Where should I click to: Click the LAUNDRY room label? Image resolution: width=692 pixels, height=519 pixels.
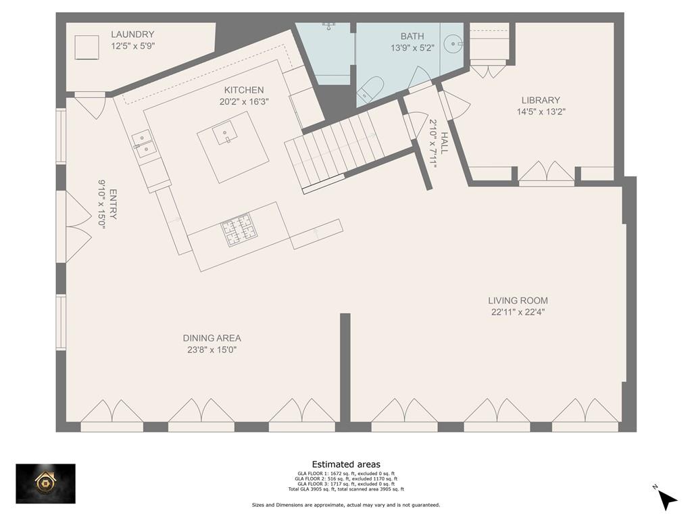click(x=132, y=34)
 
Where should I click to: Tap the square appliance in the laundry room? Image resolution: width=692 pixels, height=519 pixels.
click(x=86, y=47)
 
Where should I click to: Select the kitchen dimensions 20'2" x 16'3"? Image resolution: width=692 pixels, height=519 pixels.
click(x=244, y=101)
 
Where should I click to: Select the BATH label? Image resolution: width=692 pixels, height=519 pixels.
click(x=412, y=36)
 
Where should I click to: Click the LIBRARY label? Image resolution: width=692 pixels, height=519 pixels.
click(x=541, y=100)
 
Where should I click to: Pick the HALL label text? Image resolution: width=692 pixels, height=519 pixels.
click(x=443, y=143)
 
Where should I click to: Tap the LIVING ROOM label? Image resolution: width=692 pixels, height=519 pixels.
click(x=518, y=301)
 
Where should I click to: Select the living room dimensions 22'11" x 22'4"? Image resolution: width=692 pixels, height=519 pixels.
click(x=518, y=312)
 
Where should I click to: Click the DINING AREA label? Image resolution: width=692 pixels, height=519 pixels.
click(x=212, y=338)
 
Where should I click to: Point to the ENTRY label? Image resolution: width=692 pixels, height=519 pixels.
click(x=113, y=204)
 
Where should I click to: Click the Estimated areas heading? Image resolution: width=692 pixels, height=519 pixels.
click(x=346, y=464)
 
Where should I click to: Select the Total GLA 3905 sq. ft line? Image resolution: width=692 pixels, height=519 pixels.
click(x=346, y=489)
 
